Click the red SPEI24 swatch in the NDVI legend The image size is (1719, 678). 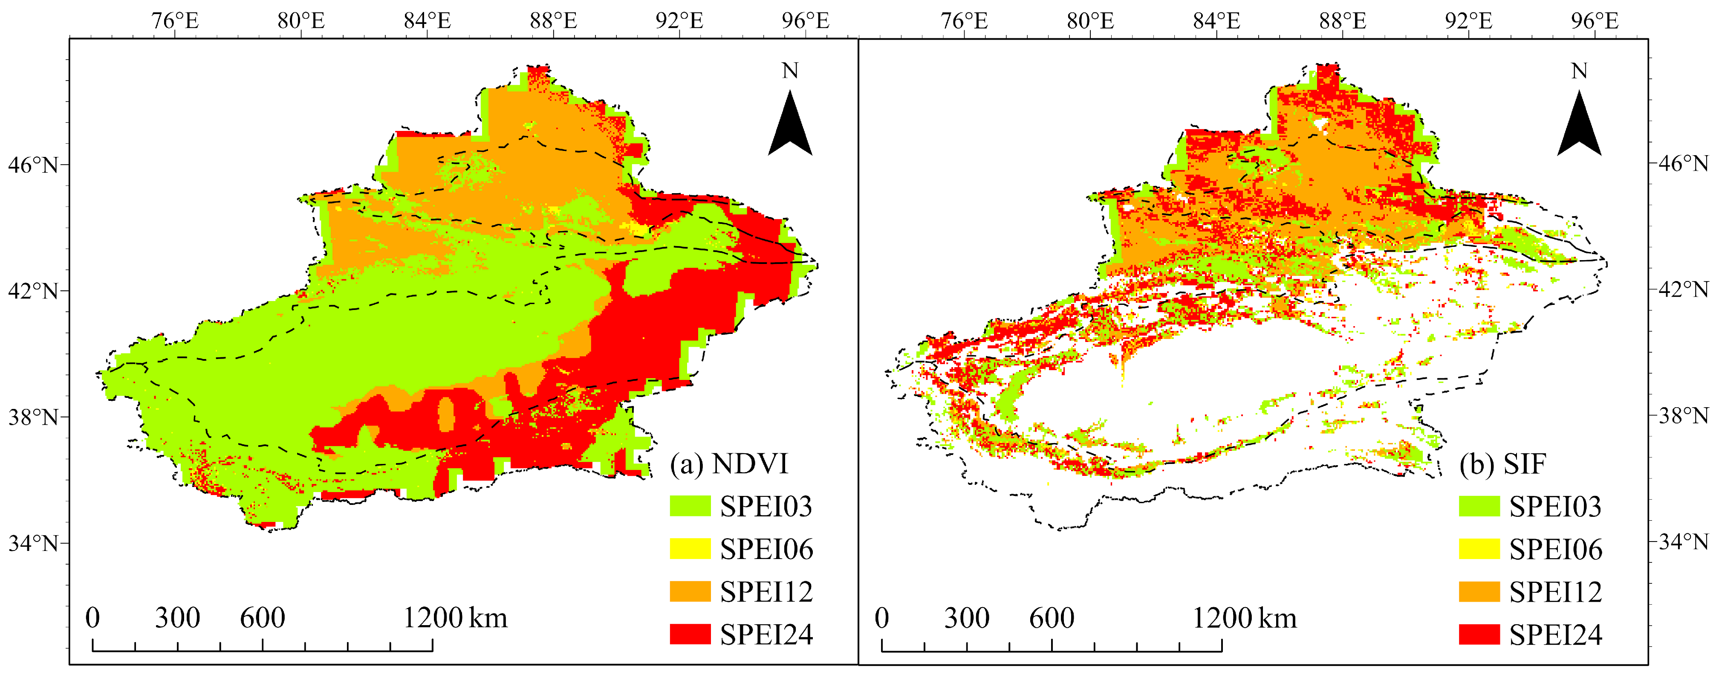(690, 634)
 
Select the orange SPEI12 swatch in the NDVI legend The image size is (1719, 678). (690, 591)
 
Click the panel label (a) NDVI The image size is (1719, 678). (729, 464)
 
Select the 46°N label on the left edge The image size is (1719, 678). (33, 164)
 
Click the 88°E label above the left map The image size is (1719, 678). (553, 21)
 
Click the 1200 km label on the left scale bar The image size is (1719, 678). (455, 618)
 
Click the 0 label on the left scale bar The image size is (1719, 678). (93, 618)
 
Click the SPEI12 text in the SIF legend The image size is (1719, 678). (1555, 592)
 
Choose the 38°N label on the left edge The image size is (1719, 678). (33, 417)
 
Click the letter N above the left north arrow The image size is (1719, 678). (790, 71)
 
